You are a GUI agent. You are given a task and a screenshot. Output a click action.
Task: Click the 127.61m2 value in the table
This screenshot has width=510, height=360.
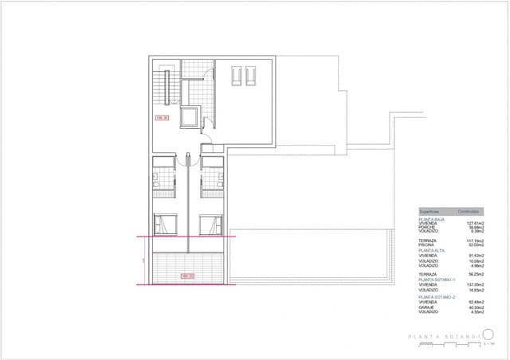(475, 222)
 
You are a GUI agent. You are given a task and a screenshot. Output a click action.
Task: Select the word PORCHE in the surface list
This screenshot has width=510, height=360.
(427, 227)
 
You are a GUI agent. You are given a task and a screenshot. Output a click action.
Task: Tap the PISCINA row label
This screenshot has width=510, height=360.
(428, 245)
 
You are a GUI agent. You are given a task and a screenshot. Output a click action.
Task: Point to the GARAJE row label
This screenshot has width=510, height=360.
(428, 307)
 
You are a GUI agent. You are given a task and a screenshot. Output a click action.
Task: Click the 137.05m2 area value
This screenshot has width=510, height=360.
(475, 284)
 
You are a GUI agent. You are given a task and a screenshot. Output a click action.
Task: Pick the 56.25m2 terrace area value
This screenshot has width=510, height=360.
(475, 273)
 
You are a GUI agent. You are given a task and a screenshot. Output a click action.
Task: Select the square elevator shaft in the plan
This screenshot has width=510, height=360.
(191, 118)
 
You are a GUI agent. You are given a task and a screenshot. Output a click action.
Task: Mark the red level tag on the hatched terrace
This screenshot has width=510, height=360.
(188, 276)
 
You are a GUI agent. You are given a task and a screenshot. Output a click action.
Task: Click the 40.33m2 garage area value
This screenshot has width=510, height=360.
(475, 307)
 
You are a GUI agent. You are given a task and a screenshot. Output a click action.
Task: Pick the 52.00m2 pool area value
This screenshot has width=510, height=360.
(475, 245)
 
